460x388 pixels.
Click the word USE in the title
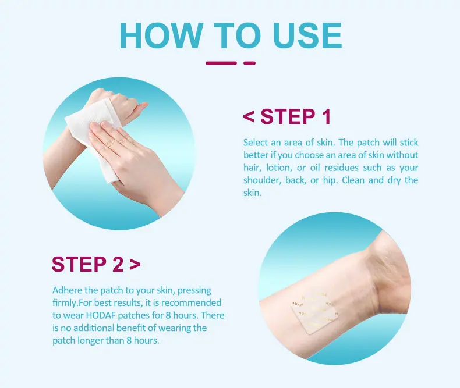307,35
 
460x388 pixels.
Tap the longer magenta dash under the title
221,63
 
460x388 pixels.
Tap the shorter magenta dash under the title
249,63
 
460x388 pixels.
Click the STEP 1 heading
287,116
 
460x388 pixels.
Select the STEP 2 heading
96,264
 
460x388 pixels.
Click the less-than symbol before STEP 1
249,117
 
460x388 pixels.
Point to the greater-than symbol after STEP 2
135,264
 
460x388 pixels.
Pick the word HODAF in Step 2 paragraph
100,315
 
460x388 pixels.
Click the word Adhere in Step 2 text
67,290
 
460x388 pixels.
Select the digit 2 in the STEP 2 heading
118,264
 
